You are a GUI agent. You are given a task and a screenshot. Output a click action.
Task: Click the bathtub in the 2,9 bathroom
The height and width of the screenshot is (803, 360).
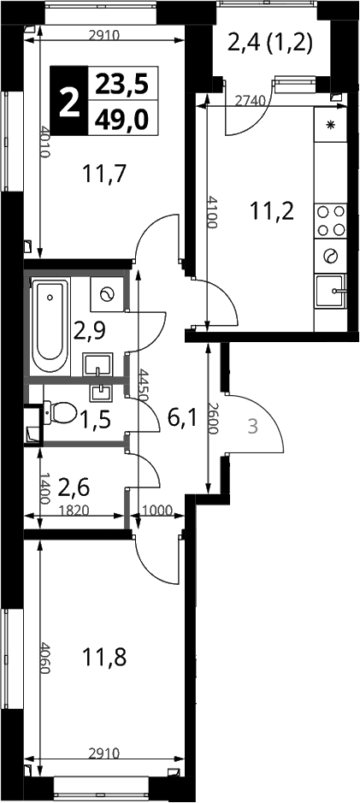pos(50,326)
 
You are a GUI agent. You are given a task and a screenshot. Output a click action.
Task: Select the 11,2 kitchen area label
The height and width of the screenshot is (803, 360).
pos(272,210)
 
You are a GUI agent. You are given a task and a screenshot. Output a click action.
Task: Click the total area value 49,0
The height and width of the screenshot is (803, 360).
pos(121,120)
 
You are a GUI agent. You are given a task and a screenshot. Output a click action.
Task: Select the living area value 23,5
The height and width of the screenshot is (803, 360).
pos(122,84)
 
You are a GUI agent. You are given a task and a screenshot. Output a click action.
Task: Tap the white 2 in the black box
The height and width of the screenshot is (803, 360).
pos(69,102)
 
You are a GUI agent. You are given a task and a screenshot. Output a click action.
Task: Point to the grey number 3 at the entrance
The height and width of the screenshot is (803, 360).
pos(252,426)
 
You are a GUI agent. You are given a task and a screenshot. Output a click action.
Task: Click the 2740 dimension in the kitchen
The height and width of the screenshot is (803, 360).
pos(250,101)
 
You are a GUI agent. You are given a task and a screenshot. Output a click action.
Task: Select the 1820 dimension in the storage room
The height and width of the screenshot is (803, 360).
pos(74,510)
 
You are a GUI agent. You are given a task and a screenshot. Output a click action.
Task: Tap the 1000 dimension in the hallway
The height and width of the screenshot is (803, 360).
pos(157,510)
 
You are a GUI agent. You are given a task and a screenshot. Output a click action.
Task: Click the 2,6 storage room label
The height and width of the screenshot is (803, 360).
pos(74,487)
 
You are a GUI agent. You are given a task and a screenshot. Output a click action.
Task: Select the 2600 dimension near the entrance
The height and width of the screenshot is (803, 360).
pos(214,418)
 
